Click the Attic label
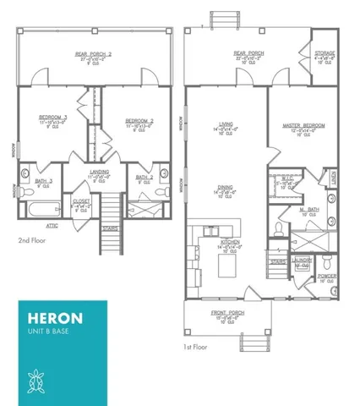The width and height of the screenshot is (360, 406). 52,226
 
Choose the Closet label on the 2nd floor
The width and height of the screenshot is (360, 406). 82,201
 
